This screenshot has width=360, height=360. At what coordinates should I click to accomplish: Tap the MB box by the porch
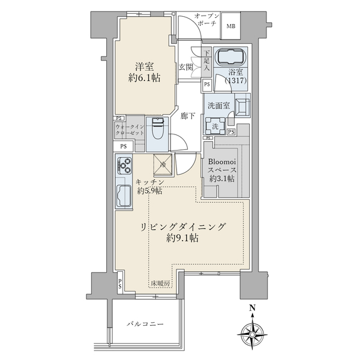point(231,26)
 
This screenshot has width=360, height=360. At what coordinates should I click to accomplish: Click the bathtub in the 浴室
point(231,58)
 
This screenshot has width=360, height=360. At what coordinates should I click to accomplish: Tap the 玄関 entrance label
point(185,67)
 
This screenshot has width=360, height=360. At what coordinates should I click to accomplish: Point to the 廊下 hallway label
point(187,116)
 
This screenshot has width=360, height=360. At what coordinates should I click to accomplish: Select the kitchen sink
point(125,194)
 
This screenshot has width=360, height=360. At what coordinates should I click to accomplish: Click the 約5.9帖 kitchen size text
point(149,191)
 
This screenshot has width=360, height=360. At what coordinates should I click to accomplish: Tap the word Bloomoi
point(224,161)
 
